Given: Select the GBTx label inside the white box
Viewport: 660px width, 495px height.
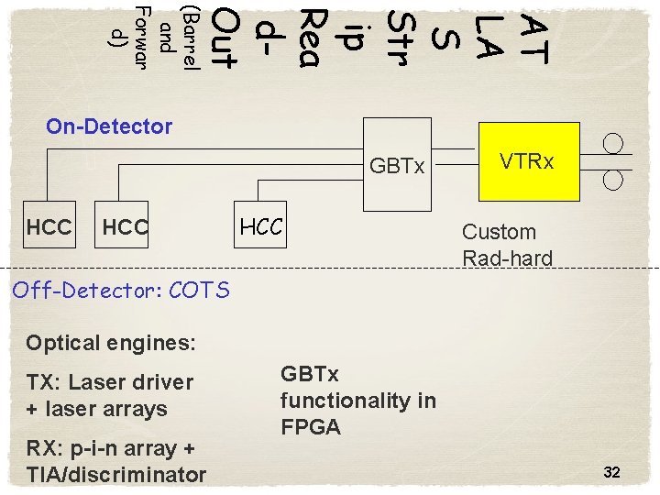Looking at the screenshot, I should point(397,167).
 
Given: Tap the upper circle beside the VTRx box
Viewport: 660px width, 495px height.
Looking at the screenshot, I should point(613,143).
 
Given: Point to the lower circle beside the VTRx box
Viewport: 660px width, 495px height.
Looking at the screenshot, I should point(613,179).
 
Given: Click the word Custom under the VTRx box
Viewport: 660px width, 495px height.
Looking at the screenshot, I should point(499,232).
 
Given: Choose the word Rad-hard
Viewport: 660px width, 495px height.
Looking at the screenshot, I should point(507,258).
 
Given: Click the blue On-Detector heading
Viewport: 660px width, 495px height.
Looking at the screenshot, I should point(109,126).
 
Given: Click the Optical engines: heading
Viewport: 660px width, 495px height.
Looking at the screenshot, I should point(111,343).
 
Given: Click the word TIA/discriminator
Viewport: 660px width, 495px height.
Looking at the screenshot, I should point(116,474).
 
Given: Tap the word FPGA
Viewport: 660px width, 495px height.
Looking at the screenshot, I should point(311,427).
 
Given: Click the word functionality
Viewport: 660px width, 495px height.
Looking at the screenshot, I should point(345,401).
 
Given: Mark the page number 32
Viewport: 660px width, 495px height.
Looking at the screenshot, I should point(612,472).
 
